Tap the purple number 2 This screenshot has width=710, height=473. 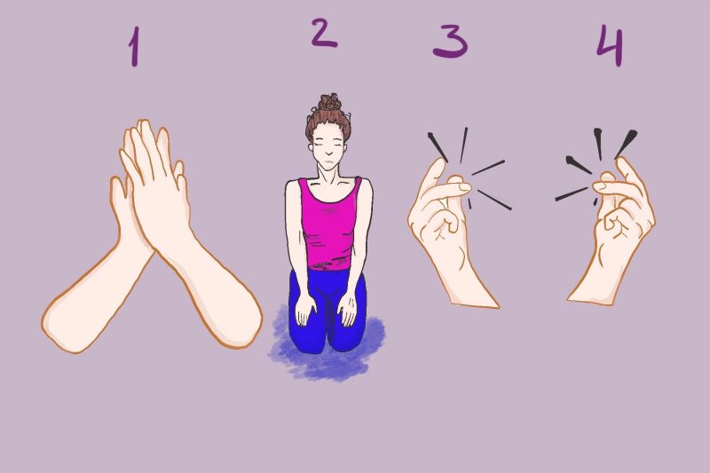click(x=324, y=33)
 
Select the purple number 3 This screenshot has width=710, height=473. click(x=450, y=42)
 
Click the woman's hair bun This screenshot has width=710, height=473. click(x=329, y=102)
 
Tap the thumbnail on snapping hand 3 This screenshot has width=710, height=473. click(x=465, y=186)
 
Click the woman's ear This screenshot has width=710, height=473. click(x=311, y=148)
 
